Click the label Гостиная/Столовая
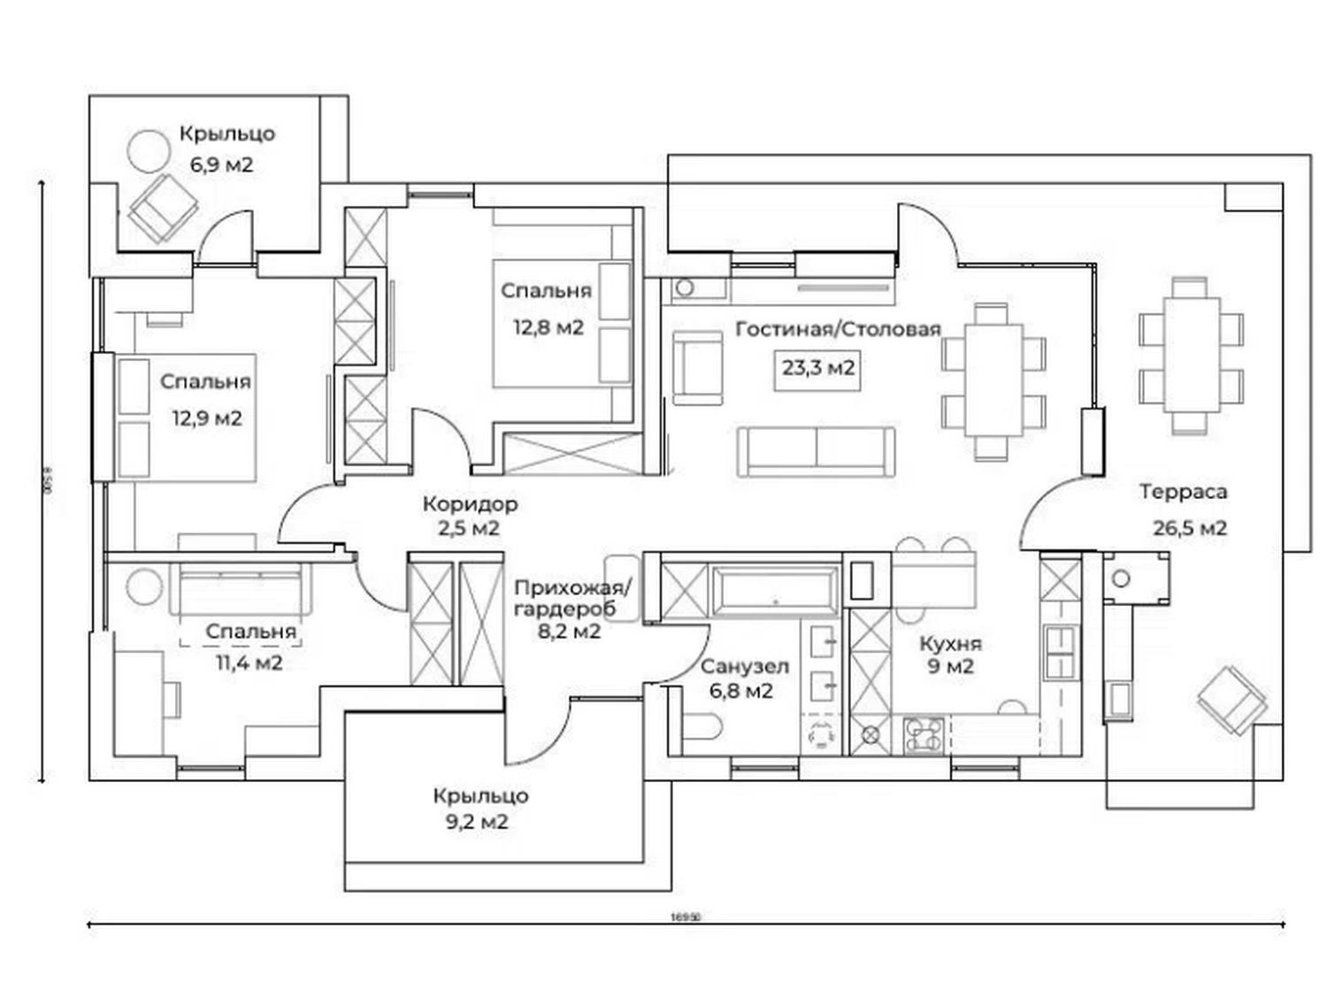coord(837,330)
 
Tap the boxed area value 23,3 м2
coord(818,367)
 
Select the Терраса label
coord(1183,492)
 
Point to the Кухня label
coord(950,644)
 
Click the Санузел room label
coord(744,667)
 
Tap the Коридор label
coord(470,505)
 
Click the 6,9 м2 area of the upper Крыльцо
coord(221,165)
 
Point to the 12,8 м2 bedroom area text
coord(548,327)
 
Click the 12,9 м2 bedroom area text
coord(206,418)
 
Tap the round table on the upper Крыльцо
coord(147,151)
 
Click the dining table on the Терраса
coord(1190,356)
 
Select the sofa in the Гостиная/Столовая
coord(816,451)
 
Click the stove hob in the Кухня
coord(924,734)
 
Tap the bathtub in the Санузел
coord(772,590)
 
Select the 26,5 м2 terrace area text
coord(1190,529)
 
